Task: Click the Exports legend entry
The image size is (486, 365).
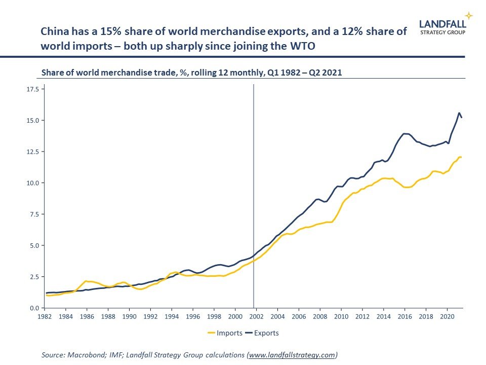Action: point(262,333)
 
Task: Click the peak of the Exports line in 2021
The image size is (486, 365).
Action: point(459,113)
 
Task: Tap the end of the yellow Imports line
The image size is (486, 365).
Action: point(461,157)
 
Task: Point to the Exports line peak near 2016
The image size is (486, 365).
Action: point(404,134)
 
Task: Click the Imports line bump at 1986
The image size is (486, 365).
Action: point(87,281)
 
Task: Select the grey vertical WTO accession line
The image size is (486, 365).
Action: point(253,193)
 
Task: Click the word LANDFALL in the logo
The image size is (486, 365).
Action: point(443,23)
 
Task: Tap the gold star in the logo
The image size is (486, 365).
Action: point(469,15)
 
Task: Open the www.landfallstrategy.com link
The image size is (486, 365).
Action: point(292,355)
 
